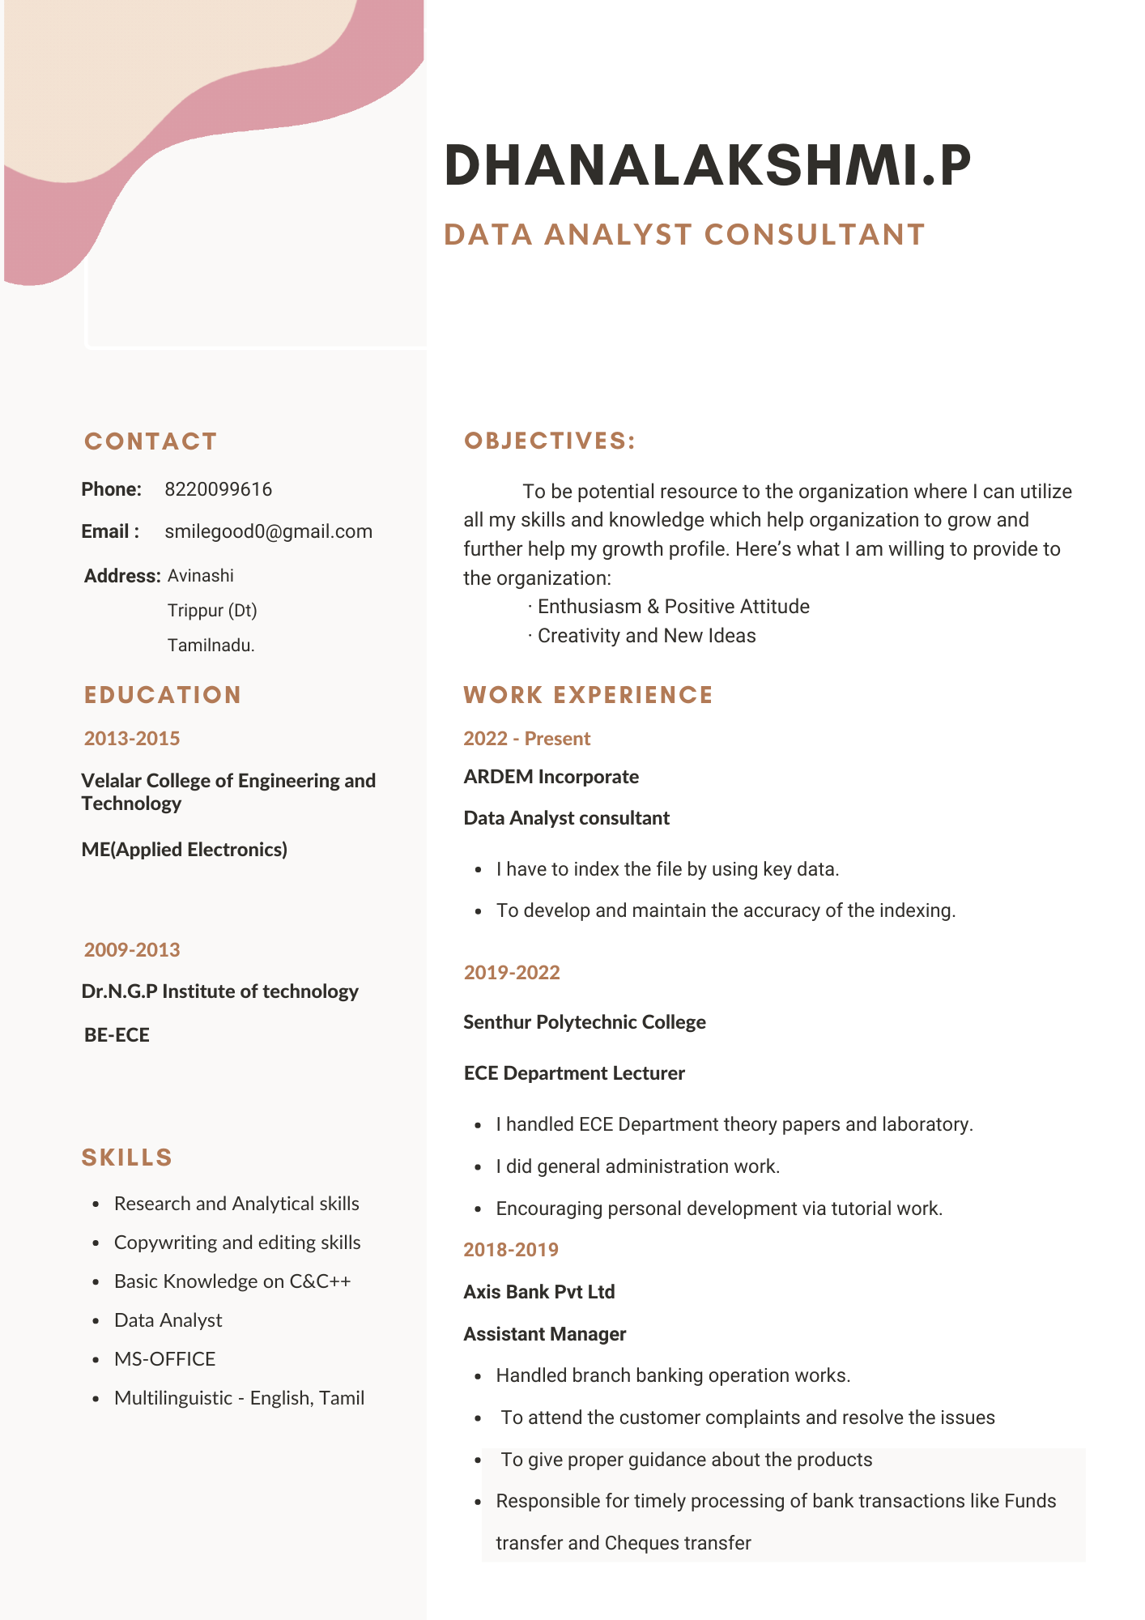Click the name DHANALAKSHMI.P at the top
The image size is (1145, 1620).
[707, 166]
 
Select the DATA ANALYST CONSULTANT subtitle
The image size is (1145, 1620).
[684, 235]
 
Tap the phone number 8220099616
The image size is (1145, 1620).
[218, 489]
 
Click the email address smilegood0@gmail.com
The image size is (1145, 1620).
[268, 531]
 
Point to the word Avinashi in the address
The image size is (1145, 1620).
[200, 576]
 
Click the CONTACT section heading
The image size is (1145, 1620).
[151, 441]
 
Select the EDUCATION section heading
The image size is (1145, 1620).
[163, 695]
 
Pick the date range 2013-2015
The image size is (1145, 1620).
[132, 739]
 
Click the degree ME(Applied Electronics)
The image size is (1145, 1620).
[185, 850]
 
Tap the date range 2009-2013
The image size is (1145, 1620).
[132, 949]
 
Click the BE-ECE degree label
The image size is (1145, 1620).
[117, 1035]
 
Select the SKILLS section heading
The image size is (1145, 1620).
[127, 1157]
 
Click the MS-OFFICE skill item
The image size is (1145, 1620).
[165, 1359]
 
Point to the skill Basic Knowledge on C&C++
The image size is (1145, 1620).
[232, 1281]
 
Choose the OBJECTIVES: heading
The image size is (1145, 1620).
[550, 441]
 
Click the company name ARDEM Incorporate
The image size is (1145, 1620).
[551, 777]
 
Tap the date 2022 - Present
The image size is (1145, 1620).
[527, 739]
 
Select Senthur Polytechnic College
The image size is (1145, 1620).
[585, 1022]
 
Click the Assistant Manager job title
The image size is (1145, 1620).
[545, 1334]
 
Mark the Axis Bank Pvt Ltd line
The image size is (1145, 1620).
[539, 1292]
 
